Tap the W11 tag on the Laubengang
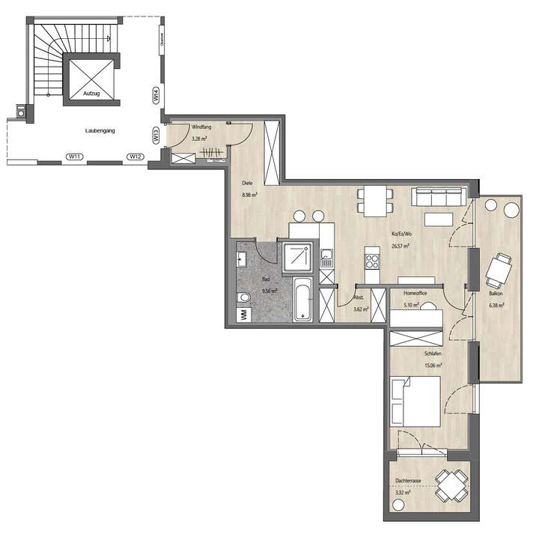(x=74, y=157)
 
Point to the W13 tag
(x=156, y=136)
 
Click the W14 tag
(x=156, y=96)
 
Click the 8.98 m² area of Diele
(x=249, y=195)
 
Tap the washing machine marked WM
(x=244, y=315)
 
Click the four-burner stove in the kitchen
(x=371, y=261)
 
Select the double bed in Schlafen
(x=415, y=401)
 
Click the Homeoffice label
(x=415, y=293)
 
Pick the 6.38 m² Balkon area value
(x=496, y=305)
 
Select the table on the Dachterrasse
(x=450, y=485)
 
